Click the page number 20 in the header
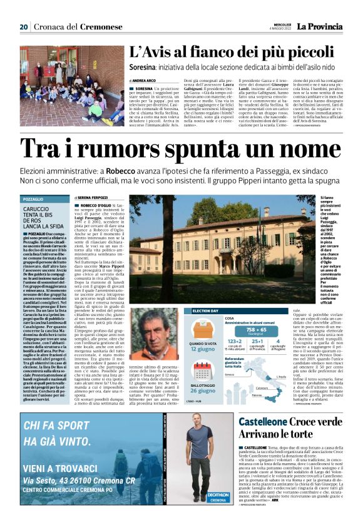pos(24,27)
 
